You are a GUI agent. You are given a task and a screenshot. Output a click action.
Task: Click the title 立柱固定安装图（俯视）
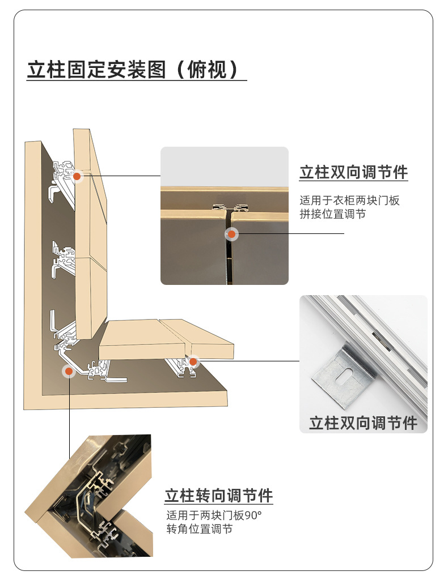coord(137,70)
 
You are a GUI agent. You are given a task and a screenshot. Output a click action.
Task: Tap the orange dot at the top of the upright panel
coord(77,176)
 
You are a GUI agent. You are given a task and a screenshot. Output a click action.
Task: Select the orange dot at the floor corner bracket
coord(69,371)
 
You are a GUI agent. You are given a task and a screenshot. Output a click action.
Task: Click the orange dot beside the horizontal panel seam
coord(193,361)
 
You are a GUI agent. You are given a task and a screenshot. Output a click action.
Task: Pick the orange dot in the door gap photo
coord(231,233)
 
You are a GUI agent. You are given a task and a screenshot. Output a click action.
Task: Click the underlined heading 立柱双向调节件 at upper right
coord(353,172)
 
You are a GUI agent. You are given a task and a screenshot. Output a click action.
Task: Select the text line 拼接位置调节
coord(333,214)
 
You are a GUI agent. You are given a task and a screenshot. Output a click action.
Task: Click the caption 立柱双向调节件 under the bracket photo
coord(363,423)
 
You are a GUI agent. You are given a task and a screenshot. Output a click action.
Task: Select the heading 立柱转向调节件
coord(219,496)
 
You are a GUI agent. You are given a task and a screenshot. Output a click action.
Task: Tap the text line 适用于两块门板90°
coord(214,515)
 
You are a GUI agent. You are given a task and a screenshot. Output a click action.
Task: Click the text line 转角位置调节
coord(199,529)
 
